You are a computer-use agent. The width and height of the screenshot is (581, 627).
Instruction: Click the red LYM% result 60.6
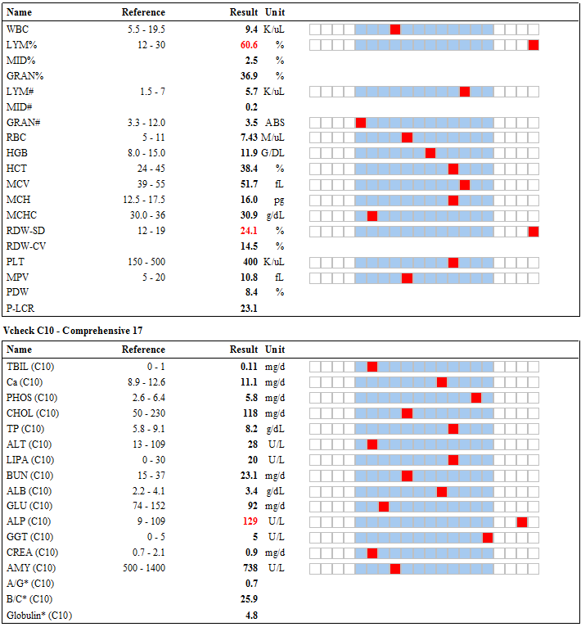pyautogui.click(x=249, y=45)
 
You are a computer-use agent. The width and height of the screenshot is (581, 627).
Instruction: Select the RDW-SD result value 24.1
pyautogui.click(x=249, y=231)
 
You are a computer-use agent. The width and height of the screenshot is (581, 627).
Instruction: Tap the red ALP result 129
pyautogui.click(x=250, y=521)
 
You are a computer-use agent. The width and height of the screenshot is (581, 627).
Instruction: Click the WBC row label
pyautogui.click(x=18, y=29)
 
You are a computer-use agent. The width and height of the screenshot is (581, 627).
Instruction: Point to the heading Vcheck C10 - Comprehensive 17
pyautogui.click(x=73, y=331)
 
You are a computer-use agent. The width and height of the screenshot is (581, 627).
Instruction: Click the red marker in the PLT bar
pyautogui.click(x=453, y=262)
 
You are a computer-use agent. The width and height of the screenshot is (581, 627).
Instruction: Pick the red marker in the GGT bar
pyautogui.click(x=488, y=538)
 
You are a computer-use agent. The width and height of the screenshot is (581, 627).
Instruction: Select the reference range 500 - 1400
pyautogui.click(x=144, y=568)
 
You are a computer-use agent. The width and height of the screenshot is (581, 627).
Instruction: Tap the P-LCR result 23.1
pyautogui.click(x=249, y=309)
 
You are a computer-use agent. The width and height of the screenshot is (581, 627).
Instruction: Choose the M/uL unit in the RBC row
pyautogui.click(x=272, y=138)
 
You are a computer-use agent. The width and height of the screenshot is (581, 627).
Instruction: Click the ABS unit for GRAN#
pyautogui.click(x=275, y=122)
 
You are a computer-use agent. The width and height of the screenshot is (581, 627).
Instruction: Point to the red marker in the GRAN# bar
pyautogui.click(x=361, y=123)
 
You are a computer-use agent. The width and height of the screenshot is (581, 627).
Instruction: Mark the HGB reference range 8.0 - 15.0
pyautogui.click(x=146, y=153)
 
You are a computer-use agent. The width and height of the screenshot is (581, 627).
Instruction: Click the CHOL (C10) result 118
pyautogui.click(x=250, y=413)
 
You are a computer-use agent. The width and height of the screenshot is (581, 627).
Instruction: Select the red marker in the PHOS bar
pyautogui.click(x=475, y=398)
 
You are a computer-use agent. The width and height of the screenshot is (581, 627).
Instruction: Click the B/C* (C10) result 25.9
pyautogui.click(x=249, y=599)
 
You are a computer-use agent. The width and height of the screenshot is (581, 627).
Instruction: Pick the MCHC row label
pyautogui.click(x=21, y=215)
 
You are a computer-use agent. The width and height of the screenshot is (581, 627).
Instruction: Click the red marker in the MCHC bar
pyautogui.click(x=372, y=216)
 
